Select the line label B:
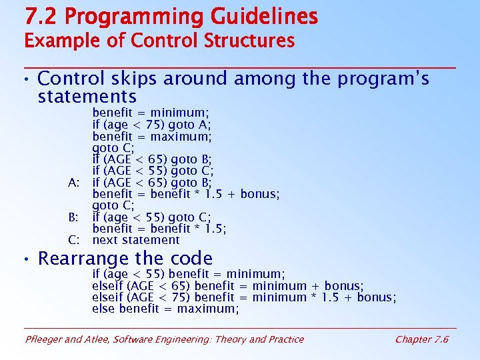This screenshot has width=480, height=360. pyautogui.click(x=74, y=217)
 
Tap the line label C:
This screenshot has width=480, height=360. pyautogui.click(x=74, y=240)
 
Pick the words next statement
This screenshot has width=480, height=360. pyautogui.click(x=136, y=240)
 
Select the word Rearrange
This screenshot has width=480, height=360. pyautogui.click(x=81, y=259)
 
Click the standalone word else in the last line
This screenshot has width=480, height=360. pyautogui.click(x=104, y=309)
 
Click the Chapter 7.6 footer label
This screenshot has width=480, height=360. pyautogui.click(x=421, y=339)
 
